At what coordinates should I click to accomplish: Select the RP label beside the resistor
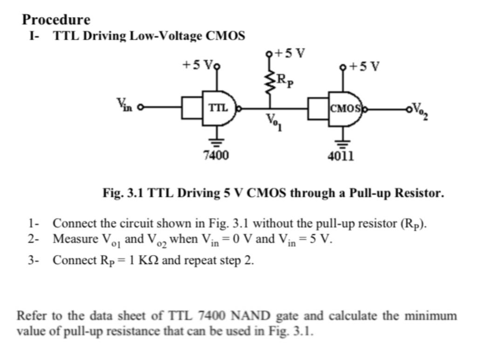(285, 80)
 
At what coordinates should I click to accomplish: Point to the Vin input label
(124, 104)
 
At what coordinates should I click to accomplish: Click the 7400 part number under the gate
(216, 155)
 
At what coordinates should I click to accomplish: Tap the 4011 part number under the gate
(341, 156)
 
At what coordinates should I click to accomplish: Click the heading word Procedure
(56, 20)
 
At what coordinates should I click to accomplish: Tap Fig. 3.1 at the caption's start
(123, 193)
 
